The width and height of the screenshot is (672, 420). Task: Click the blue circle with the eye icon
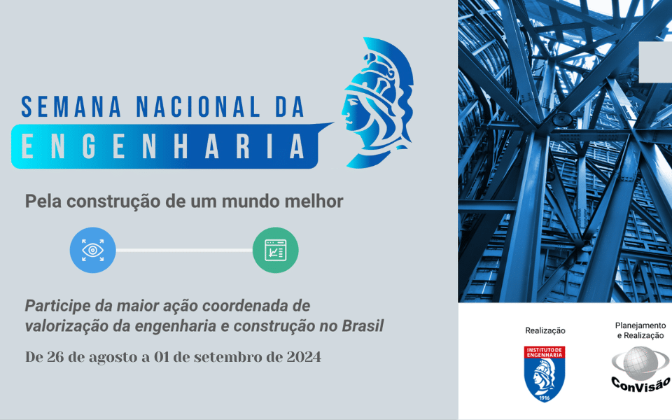pyautogui.click(x=93, y=250)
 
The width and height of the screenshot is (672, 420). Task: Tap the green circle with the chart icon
pyautogui.click(x=275, y=250)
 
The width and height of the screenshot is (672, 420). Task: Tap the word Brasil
pyautogui.click(x=363, y=326)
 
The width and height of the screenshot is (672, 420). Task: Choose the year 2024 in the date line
pyautogui.click(x=303, y=357)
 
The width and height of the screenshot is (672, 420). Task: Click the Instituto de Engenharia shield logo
pyautogui.click(x=545, y=374)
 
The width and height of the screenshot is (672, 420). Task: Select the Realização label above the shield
pyautogui.click(x=545, y=330)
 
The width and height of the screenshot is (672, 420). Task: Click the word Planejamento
pyautogui.click(x=640, y=325)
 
